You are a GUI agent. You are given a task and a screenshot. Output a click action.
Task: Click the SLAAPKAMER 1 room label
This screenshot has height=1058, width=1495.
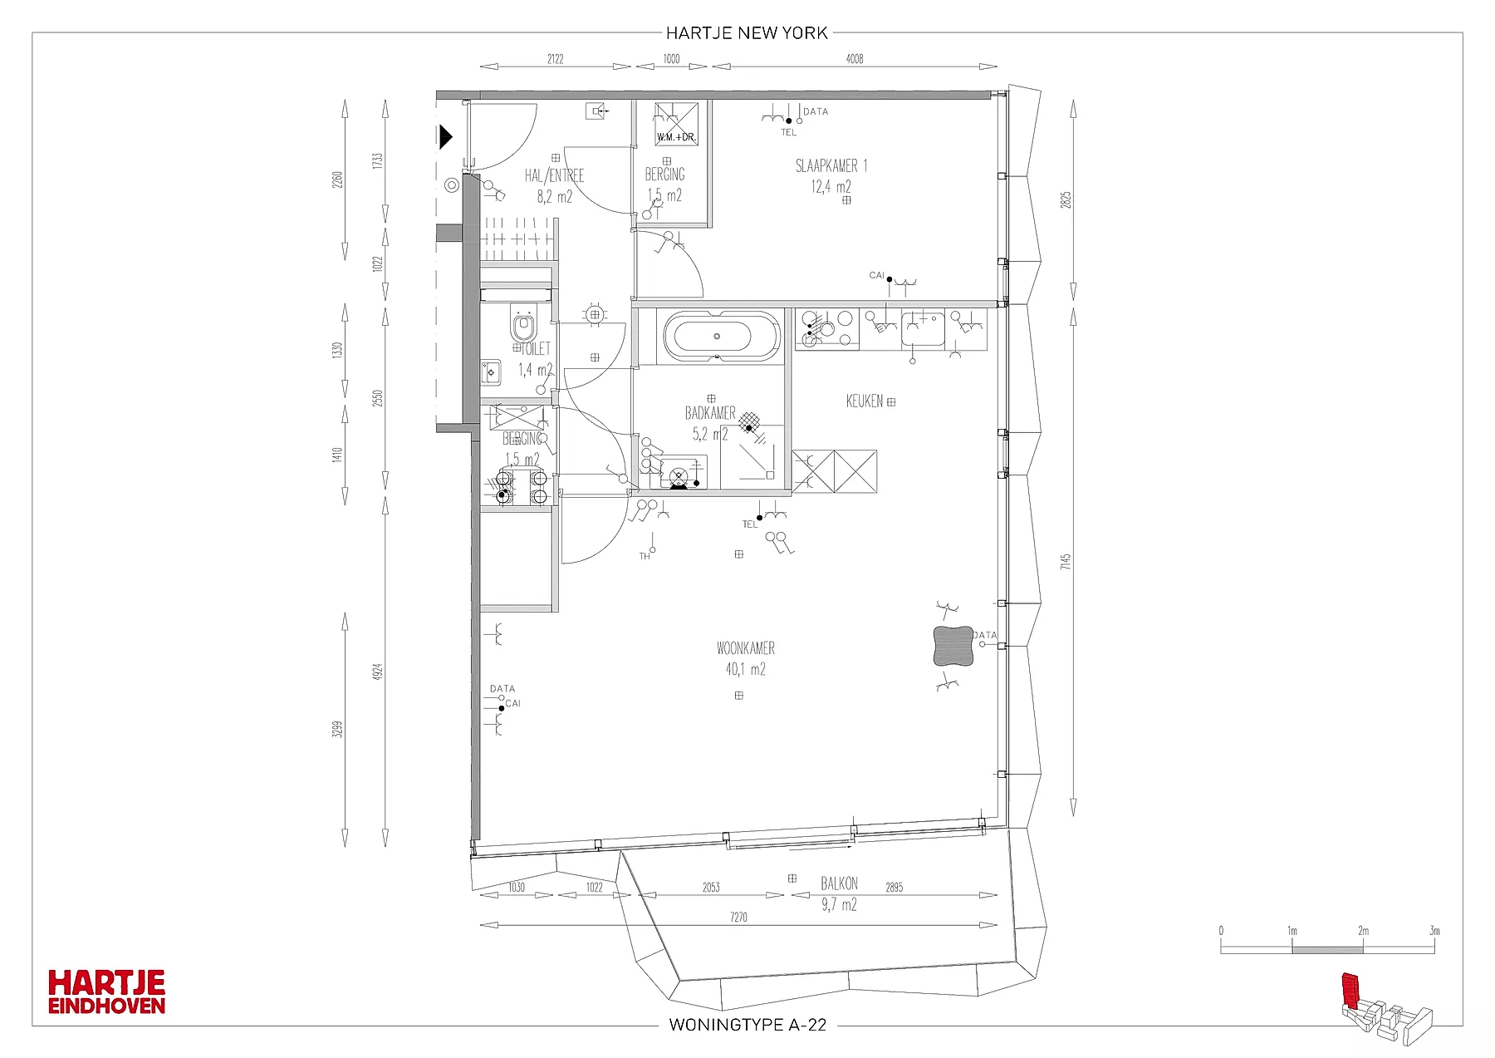click(x=831, y=166)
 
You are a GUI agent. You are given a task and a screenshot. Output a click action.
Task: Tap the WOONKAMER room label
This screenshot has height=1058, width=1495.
click(x=746, y=648)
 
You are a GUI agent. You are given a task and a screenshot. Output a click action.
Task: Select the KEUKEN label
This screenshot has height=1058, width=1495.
click(x=864, y=401)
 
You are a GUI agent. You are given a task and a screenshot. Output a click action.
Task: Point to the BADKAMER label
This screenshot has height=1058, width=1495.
click(x=710, y=413)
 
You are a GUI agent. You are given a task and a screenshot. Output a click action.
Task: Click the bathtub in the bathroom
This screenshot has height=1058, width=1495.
click(x=721, y=337)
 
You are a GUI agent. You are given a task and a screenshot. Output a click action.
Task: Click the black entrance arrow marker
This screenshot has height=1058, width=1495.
click(x=446, y=136)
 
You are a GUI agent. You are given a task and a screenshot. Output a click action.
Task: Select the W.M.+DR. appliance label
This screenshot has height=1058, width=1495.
click(x=675, y=137)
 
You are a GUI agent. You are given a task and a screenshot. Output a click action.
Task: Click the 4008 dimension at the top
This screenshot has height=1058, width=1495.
click(x=854, y=59)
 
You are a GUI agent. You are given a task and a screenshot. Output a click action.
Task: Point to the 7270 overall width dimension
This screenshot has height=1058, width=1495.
click(x=738, y=918)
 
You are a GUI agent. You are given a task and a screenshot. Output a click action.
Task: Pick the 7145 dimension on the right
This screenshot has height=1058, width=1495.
click(x=1066, y=562)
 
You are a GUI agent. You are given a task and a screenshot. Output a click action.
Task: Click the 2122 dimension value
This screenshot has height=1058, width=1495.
click(x=555, y=59)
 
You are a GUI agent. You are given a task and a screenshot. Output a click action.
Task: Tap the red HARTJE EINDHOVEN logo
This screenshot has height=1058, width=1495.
click(x=106, y=992)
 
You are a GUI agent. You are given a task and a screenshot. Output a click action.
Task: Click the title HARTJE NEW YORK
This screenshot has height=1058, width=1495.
click(x=747, y=33)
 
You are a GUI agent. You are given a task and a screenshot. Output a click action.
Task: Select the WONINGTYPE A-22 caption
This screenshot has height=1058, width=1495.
click(x=747, y=1025)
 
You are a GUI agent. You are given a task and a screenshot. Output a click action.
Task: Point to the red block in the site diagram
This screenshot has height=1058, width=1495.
click(x=1351, y=989)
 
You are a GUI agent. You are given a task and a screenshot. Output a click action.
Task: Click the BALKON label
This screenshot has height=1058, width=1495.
click(x=839, y=883)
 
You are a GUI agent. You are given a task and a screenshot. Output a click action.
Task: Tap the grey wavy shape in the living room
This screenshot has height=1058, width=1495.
click(x=953, y=646)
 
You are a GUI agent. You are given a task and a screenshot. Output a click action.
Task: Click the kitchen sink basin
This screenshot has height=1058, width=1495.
click(x=924, y=328)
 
